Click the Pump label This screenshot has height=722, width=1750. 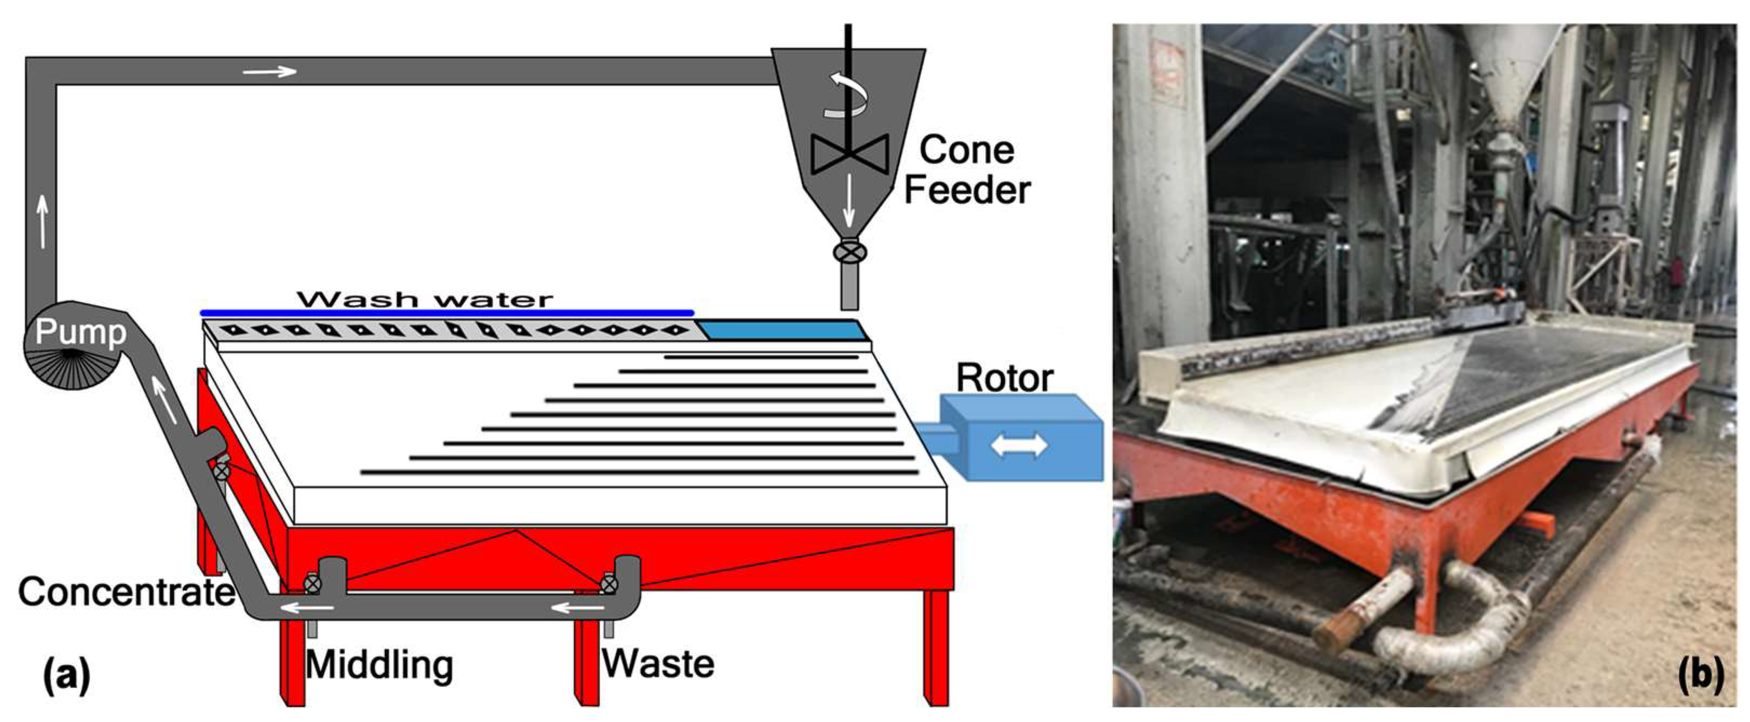[x=80, y=332]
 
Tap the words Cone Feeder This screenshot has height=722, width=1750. [x=967, y=170]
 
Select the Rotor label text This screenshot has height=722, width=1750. [x=1004, y=379]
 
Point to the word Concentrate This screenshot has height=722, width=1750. [x=126, y=592]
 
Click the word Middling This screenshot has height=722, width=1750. [x=379, y=664]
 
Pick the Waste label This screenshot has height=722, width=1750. [x=658, y=664]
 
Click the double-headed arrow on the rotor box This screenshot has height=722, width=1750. [x=1019, y=446]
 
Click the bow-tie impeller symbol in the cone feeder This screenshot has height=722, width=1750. [x=849, y=153]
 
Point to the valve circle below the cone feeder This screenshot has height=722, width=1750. [x=850, y=253]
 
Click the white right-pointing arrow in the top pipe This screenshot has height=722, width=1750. [x=270, y=71]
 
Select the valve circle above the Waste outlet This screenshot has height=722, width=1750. [x=609, y=583]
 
